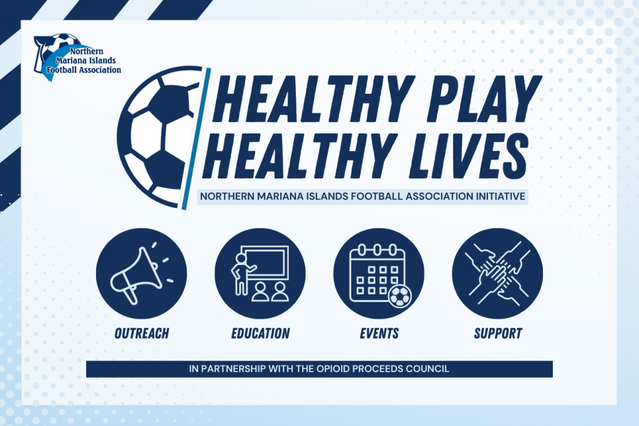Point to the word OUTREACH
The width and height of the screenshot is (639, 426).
coord(142,333)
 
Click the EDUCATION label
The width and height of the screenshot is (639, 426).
coord(260,333)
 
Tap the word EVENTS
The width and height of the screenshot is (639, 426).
coord(379,333)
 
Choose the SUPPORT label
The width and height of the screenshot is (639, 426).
coord(497,333)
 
